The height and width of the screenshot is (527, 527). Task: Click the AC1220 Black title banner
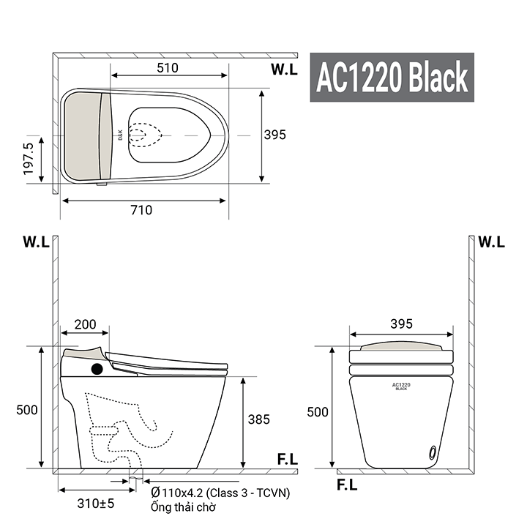[392, 77]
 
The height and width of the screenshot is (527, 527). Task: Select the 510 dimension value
[168, 68]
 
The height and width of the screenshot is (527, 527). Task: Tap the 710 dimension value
[141, 210]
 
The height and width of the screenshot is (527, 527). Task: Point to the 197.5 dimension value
[29, 159]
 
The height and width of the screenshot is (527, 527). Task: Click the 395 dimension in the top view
[275, 135]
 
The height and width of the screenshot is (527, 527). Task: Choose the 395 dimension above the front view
[401, 324]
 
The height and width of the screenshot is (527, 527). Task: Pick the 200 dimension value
[85, 324]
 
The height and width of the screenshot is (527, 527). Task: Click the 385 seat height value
[259, 419]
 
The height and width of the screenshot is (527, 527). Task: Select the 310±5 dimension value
[96, 504]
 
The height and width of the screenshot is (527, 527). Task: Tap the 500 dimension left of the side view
[27, 410]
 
